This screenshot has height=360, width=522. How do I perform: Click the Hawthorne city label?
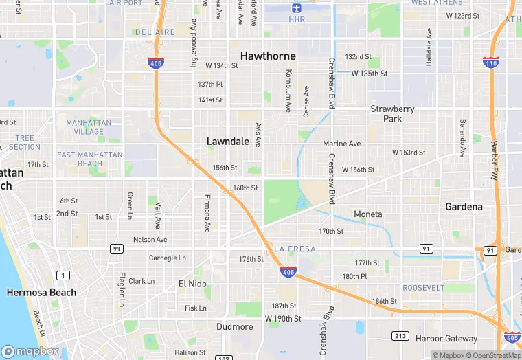(x=268, y=56)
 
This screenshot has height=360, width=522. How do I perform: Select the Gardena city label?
(x=464, y=206)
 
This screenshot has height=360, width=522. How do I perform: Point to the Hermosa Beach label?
(x=41, y=292)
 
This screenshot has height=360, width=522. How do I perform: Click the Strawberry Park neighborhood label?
(x=392, y=113)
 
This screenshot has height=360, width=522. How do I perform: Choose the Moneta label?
(x=367, y=214)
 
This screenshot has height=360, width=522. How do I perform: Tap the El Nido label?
(x=193, y=284)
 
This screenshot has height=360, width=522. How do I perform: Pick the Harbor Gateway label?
(x=446, y=338)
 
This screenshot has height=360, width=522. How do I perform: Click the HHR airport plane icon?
(x=297, y=8)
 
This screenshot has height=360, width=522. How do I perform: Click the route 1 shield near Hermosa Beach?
(x=63, y=275)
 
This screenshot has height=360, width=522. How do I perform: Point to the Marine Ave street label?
(x=341, y=144)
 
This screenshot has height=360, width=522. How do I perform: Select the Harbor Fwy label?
(x=494, y=157)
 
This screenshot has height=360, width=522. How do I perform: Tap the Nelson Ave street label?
(x=150, y=240)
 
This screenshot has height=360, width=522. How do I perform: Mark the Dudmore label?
(x=235, y=326)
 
